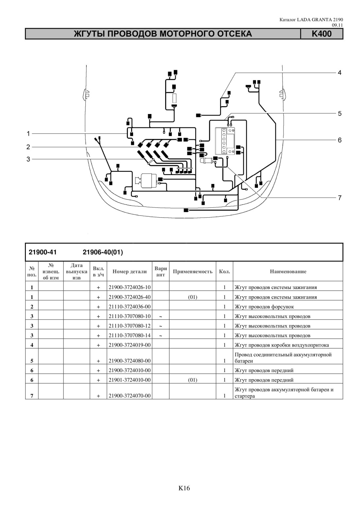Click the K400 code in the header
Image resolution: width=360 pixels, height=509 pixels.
321,34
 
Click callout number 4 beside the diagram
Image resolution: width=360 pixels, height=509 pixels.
339,73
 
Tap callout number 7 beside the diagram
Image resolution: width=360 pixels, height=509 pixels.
339,198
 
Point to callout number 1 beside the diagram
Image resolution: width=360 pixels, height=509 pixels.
28,134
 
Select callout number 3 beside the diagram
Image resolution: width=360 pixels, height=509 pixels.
28,159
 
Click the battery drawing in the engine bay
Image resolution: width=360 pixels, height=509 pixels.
225,141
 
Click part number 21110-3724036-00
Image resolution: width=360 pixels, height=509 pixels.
129,307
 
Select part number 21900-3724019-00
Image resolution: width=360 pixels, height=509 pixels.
129,345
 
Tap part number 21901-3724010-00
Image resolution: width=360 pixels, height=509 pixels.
129,380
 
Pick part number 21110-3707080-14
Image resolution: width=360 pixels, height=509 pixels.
129,336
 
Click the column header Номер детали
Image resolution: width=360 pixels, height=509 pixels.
129,271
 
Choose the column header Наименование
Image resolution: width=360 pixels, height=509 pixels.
288,271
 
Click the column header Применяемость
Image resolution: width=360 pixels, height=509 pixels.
193,271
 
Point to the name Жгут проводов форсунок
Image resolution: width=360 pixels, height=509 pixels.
264,307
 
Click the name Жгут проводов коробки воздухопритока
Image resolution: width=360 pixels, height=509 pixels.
282,345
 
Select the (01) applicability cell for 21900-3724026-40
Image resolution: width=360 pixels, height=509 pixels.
193,297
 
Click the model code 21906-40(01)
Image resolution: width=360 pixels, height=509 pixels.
103,253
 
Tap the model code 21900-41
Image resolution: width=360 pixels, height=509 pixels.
43,253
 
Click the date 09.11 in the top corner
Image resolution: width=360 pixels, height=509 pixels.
337,25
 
